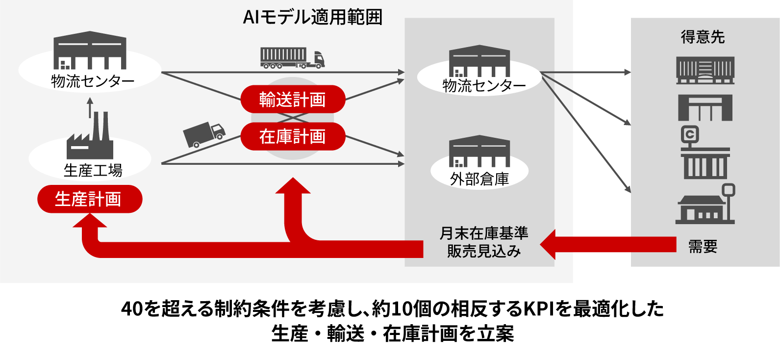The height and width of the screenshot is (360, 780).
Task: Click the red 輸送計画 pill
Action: (x=293, y=100)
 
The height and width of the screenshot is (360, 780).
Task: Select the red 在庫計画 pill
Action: (x=293, y=136)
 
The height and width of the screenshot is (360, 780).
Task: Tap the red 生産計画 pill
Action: (x=90, y=199)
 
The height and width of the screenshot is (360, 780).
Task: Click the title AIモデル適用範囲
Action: (x=312, y=17)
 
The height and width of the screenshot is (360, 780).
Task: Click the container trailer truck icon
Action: (x=292, y=58)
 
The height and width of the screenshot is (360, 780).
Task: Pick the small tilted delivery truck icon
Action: (x=204, y=134)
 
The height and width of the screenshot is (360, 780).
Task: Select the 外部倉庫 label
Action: (x=479, y=179)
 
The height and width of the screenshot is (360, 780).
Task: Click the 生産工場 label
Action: (x=93, y=170)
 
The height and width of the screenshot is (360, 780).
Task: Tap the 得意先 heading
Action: (x=703, y=37)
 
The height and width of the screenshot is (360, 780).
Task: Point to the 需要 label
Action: (x=703, y=246)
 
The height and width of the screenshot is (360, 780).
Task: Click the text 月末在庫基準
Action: (x=483, y=233)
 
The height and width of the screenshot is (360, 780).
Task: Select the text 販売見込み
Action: (x=483, y=251)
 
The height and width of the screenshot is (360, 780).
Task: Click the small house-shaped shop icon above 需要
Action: (x=705, y=206)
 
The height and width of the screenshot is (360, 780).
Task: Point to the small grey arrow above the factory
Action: (x=90, y=107)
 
